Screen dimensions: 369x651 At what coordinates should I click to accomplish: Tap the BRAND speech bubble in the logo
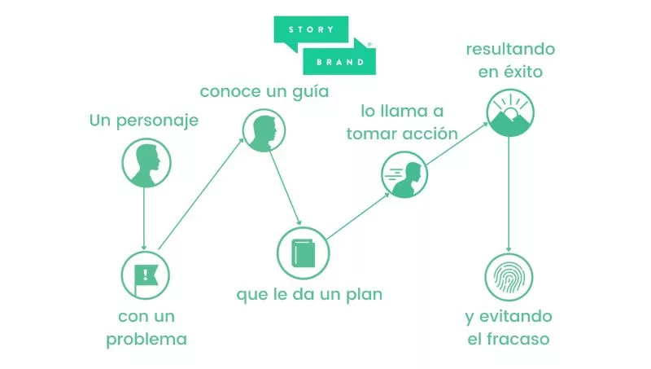tap(339, 60)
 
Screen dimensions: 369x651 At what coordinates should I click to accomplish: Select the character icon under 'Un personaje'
tap(146, 163)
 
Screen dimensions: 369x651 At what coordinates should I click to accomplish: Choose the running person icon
tap(405, 176)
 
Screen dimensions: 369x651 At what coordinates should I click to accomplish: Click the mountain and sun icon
tap(510, 112)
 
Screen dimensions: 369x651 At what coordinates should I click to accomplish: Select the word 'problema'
tap(146, 339)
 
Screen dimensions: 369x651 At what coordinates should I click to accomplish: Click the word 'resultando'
tap(510, 49)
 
